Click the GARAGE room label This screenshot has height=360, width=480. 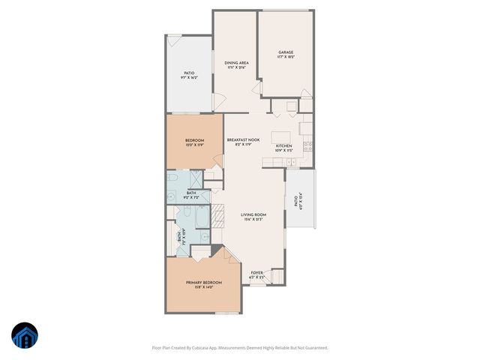point(286,52)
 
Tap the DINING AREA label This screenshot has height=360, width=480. point(236,62)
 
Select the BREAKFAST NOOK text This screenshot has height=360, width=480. point(243,139)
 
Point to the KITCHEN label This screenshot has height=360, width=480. point(283,145)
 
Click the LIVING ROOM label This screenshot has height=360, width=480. point(253,215)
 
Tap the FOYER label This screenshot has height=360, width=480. point(256,273)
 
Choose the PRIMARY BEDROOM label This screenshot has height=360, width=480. point(204,282)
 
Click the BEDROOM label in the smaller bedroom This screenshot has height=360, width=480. point(194,140)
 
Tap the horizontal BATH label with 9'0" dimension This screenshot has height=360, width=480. point(191,193)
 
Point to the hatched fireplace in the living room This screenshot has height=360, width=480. point(217,217)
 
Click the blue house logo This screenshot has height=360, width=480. point(24,335)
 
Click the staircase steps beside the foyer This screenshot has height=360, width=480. point(276,277)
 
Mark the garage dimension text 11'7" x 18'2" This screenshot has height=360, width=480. point(286,57)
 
